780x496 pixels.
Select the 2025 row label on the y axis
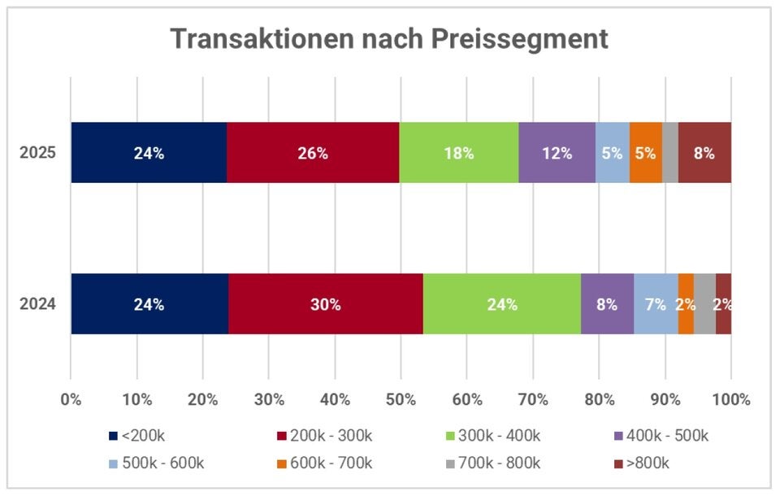tap(38, 153)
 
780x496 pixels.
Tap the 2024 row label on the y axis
tap(38, 304)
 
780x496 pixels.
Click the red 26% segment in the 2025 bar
tap(313, 153)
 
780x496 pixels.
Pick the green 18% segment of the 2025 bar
tap(458, 153)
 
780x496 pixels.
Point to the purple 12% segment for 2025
tap(557, 153)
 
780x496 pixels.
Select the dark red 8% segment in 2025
tap(704, 153)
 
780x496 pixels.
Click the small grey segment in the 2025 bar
tap(669, 153)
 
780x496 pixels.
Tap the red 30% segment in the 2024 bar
tap(325, 304)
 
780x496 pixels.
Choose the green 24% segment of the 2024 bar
tap(502, 304)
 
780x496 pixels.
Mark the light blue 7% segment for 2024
tap(656, 304)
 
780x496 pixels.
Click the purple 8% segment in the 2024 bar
tap(607, 304)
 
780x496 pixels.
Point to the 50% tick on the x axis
tap(401, 400)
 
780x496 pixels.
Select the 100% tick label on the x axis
tap(730, 400)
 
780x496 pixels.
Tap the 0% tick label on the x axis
tap(71, 400)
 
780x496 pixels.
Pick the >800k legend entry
tap(647, 463)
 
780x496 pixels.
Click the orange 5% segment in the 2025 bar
tap(645, 153)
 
